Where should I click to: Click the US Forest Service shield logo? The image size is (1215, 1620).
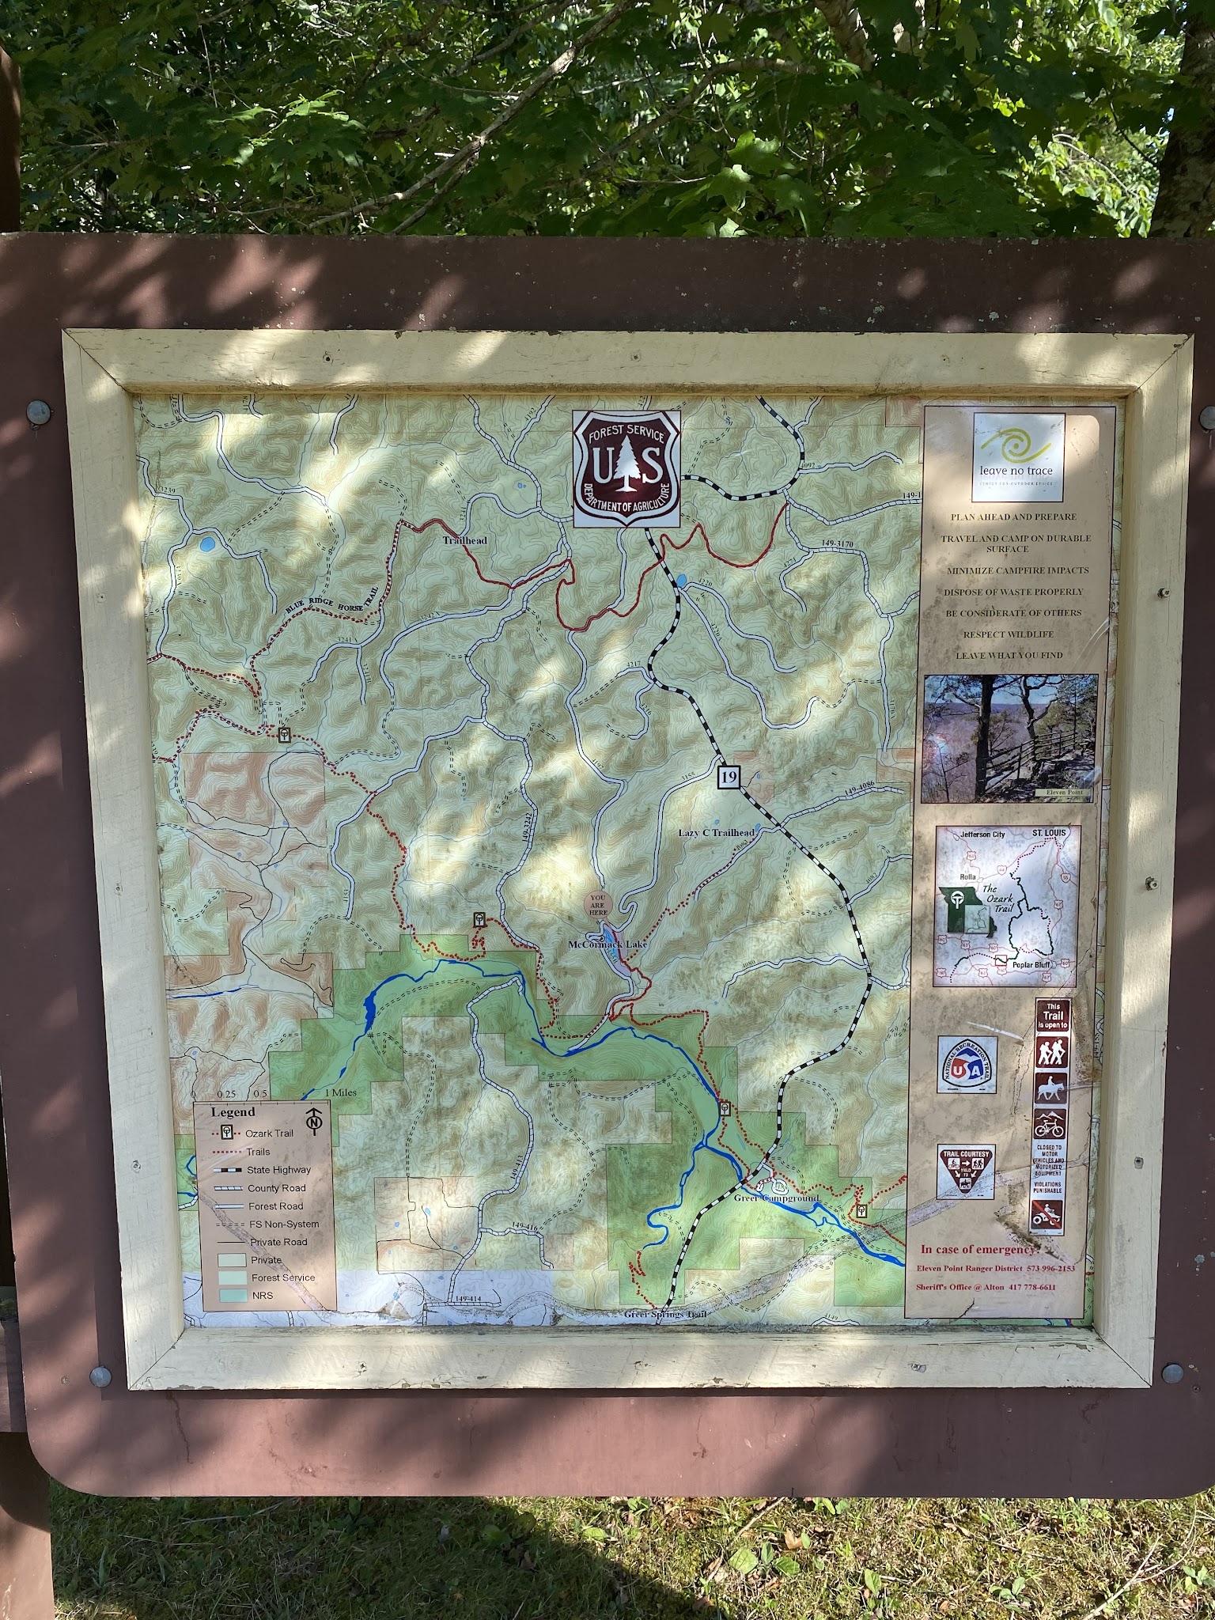626,468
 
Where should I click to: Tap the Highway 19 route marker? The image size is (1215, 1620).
729,777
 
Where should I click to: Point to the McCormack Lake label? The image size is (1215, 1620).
607,944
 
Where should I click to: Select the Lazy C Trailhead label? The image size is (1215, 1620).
717,833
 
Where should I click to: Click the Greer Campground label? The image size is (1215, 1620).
776,1199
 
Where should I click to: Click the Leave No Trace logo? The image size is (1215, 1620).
1017,457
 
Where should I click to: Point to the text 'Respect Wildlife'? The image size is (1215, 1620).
1015,634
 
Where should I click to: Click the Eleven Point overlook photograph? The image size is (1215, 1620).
1009,737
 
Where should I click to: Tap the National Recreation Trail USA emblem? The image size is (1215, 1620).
967,1065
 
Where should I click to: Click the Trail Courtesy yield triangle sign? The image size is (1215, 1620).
966,1171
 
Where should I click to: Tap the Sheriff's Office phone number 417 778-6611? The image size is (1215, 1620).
1043,1287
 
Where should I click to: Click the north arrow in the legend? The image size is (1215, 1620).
315,1119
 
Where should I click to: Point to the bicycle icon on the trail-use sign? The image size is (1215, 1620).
1050,1123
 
